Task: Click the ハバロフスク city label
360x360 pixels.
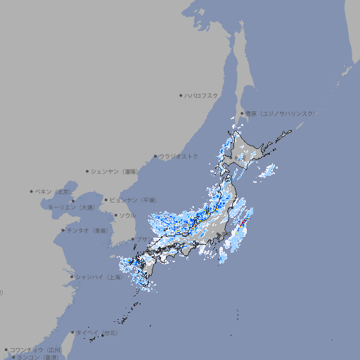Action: pyautogui.click(x=202, y=95)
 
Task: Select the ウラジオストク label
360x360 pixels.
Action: pyautogui.click(x=179, y=156)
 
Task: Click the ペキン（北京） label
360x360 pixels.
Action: pyautogui.click(x=53, y=191)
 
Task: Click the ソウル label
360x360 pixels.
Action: pyautogui.click(x=128, y=215)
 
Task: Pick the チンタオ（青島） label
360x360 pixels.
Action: pyautogui.click(x=88, y=231)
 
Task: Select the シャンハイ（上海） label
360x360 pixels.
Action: pyautogui.click(x=99, y=277)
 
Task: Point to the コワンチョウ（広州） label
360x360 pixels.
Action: pyautogui.click(x=36, y=349)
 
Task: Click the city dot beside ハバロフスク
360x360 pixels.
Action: pyautogui.click(x=181, y=95)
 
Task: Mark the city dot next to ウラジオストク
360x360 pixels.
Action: pyautogui.click(x=155, y=156)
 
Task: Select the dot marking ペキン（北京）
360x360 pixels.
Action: pyautogui.click(x=32, y=191)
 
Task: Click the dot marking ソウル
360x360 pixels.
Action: pyautogui.click(x=115, y=215)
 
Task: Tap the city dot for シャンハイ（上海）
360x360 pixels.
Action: pyautogui.click(x=72, y=277)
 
